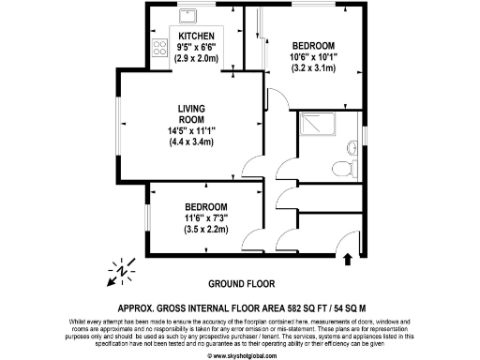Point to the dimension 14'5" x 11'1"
point(190,130)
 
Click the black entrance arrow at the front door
point(349,257)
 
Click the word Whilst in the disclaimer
point(80,322)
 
